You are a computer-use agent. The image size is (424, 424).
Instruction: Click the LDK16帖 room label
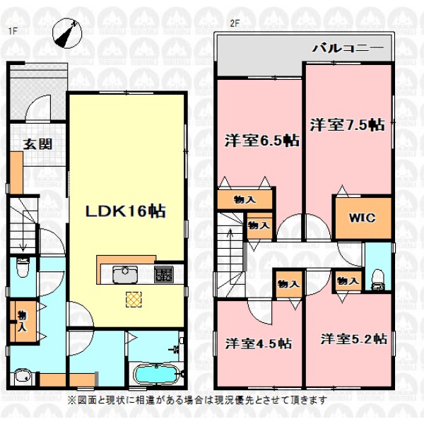(126, 211)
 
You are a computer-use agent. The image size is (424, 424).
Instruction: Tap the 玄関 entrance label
(37, 144)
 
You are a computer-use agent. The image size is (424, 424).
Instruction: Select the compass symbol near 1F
(67, 33)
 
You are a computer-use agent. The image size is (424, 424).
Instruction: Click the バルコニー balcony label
(348, 48)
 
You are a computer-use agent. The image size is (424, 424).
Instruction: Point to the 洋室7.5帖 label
(348, 125)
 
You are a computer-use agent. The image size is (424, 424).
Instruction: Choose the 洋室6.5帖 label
(262, 141)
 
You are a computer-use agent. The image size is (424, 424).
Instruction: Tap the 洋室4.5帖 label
(259, 343)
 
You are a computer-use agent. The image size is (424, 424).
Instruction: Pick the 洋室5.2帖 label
(354, 339)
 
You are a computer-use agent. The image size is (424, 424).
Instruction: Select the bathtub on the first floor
(156, 374)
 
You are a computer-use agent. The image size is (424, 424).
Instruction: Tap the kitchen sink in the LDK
(125, 274)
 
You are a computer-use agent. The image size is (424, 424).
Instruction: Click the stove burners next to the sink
(164, 274)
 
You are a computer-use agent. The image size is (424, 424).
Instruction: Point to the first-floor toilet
(23, 267)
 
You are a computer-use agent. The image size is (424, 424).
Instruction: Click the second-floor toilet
(378, 281)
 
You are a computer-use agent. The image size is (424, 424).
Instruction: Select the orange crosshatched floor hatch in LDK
(134, 299)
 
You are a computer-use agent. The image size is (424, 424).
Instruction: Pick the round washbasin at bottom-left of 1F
(22, 375)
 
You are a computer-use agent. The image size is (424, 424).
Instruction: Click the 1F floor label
(13, 31)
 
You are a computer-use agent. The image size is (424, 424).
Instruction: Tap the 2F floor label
(235, 23)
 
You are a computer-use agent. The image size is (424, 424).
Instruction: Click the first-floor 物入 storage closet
(23, 322)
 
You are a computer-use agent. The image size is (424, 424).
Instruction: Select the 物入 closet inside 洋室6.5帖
(245, 199)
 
